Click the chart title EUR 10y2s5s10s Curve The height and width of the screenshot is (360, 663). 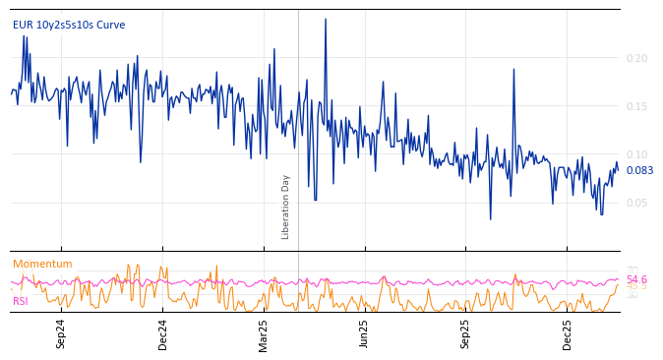coord(69,25)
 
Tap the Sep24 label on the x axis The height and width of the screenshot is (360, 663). coord(61,333)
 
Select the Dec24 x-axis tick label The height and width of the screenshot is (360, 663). coord(162,333)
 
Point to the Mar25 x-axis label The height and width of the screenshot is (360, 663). coord(263,333)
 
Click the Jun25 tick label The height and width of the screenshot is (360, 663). coord(364,333)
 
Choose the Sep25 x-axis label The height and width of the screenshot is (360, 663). coord(465,333)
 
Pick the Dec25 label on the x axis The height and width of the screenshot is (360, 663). coord(567,333)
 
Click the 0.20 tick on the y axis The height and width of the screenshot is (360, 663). coord(636,58)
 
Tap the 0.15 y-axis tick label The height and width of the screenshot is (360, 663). coord(636,106)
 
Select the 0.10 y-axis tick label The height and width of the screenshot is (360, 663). coord(636,154)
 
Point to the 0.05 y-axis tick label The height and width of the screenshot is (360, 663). coord(636,203)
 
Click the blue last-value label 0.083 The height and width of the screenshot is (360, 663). coord(639,170)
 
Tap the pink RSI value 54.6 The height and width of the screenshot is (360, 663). coord(636,279)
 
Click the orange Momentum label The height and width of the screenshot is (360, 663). coord(42,264)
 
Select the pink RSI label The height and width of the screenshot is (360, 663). coord(21,301)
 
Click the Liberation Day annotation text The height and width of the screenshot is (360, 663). coord(286,207)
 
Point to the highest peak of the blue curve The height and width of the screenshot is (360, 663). coord(326,20)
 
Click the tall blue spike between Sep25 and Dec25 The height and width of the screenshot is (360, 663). coord(513,70)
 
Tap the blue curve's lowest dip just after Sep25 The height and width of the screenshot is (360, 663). coord(491,218)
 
